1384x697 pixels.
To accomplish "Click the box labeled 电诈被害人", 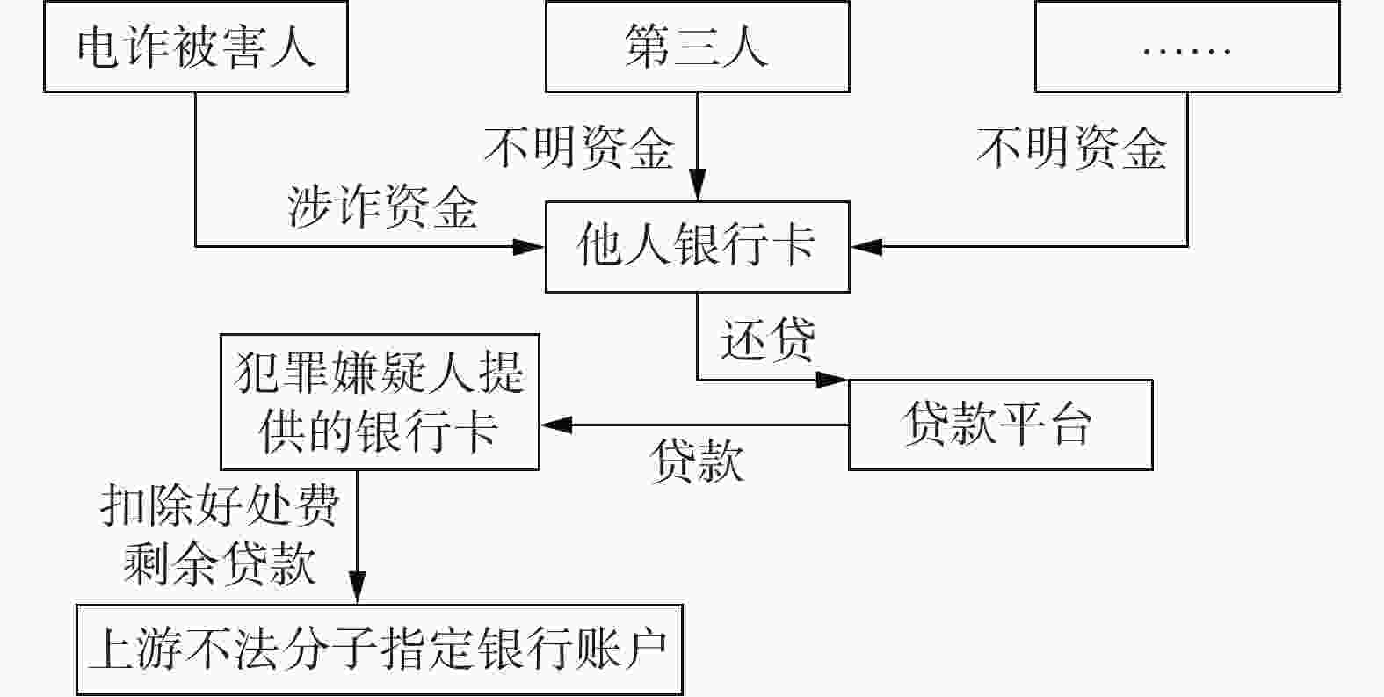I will coord(196,47).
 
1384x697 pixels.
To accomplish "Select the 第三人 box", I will coord(697,47).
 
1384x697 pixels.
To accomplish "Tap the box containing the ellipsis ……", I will coord(1186,47).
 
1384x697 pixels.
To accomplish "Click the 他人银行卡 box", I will coord(697,246).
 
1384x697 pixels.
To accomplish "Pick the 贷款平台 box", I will coord(999,425).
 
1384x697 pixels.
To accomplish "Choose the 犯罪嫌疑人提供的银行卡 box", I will coord(379,402).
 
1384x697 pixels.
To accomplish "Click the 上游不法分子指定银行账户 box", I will coord(379,650).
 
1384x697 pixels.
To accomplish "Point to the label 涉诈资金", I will coord(383,208).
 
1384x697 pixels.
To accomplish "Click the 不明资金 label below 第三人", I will coord(580,147).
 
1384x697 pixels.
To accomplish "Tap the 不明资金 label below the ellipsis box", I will coord(1072,147).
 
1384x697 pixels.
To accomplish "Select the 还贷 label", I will coord(767,339).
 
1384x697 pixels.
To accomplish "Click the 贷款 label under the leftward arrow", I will coord(697,460).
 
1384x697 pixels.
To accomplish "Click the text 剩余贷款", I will coord(220,563).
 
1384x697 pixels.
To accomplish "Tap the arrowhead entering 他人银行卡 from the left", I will coord(530,246).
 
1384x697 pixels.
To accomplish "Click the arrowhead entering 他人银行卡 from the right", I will coord(866,246).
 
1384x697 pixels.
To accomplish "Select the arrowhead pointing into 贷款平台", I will coord(832,380).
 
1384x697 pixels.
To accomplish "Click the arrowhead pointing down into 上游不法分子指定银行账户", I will coord(357,588).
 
